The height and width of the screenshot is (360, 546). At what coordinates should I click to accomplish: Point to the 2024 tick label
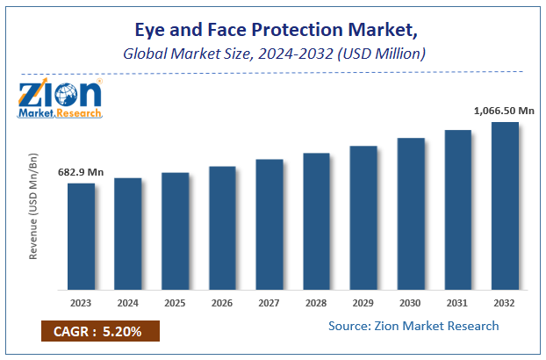(x=128, y=303)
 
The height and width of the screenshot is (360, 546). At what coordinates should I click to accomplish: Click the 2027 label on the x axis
(x=269, y=303)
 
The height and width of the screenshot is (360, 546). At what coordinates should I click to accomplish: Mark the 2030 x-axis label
(x=411, y=303)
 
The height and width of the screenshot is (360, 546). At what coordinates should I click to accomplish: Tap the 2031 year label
(x=457, y=303)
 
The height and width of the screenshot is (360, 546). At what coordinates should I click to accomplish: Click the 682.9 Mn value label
(x=82, y=172)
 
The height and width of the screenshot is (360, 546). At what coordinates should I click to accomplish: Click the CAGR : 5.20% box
(x=100, y=333)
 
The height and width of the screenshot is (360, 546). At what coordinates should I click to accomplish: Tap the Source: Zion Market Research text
(x=413, y=327)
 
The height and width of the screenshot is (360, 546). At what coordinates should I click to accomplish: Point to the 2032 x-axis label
(x=505, y=303)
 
